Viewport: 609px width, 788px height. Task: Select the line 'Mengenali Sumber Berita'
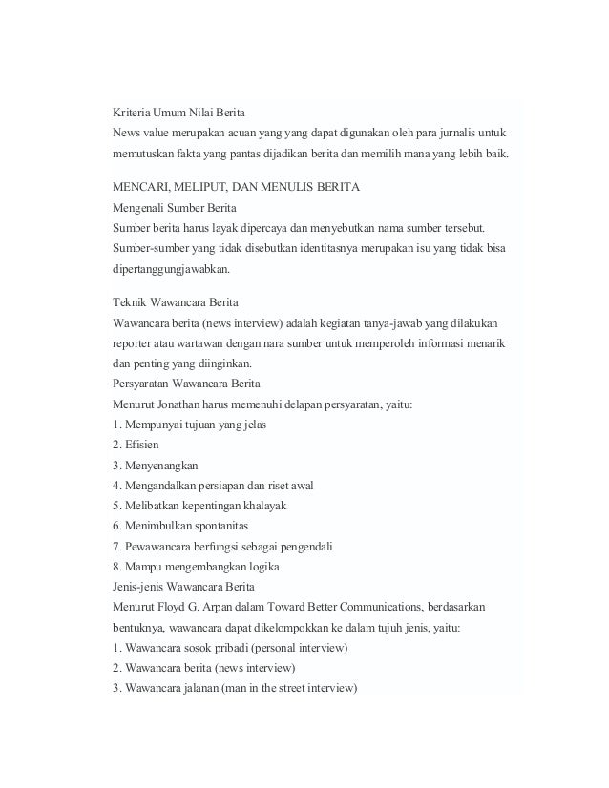click(175, 207)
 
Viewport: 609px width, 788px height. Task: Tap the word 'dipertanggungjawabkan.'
click(178, 270)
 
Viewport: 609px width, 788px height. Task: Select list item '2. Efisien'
click(136, 445)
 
